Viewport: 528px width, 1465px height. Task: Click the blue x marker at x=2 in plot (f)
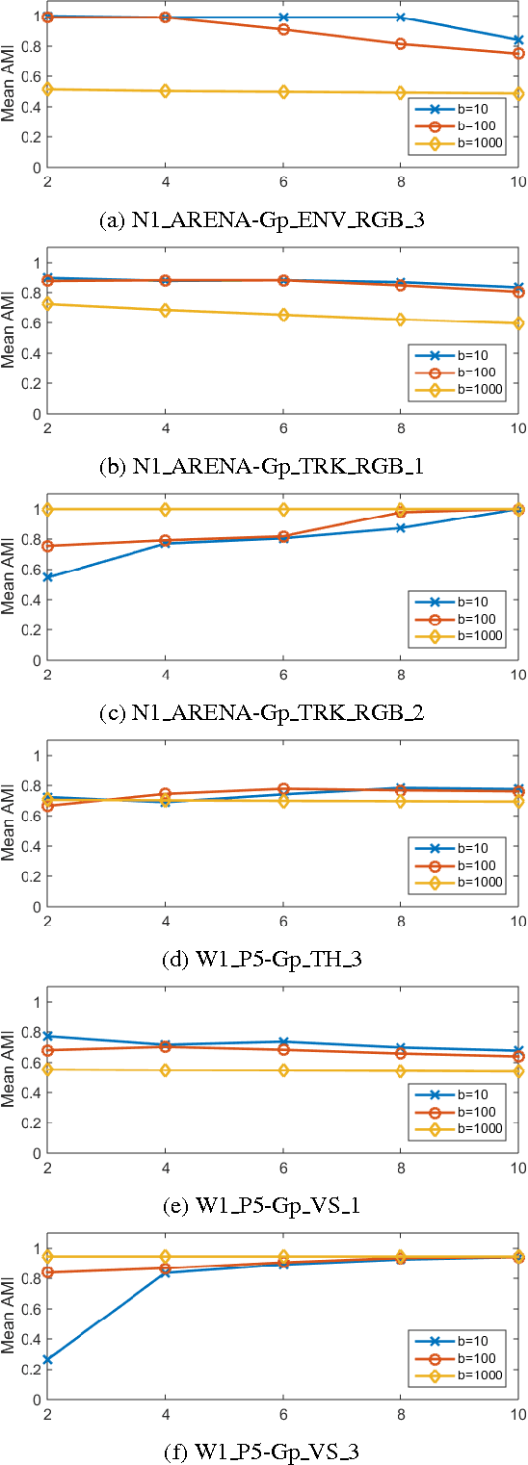(x=47, y=1360)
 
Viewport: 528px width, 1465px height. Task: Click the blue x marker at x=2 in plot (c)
(x=47, y=577)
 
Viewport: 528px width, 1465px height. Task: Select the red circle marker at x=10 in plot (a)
(x=518, y=54)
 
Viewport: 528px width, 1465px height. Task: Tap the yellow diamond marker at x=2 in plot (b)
(x=47, y=304)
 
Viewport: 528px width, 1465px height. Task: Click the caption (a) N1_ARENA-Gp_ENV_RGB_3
(x=262, y=220)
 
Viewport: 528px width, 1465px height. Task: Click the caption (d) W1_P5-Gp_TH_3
(x=262, y=960)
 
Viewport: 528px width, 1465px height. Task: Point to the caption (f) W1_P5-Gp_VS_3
(x=262, y=1450)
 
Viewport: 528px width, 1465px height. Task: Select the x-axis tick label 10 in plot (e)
(x=516, y=1168)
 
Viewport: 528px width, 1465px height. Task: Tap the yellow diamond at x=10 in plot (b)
(x=518, y=323)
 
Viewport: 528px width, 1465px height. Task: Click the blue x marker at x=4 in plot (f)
(x=165, y=1272)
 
